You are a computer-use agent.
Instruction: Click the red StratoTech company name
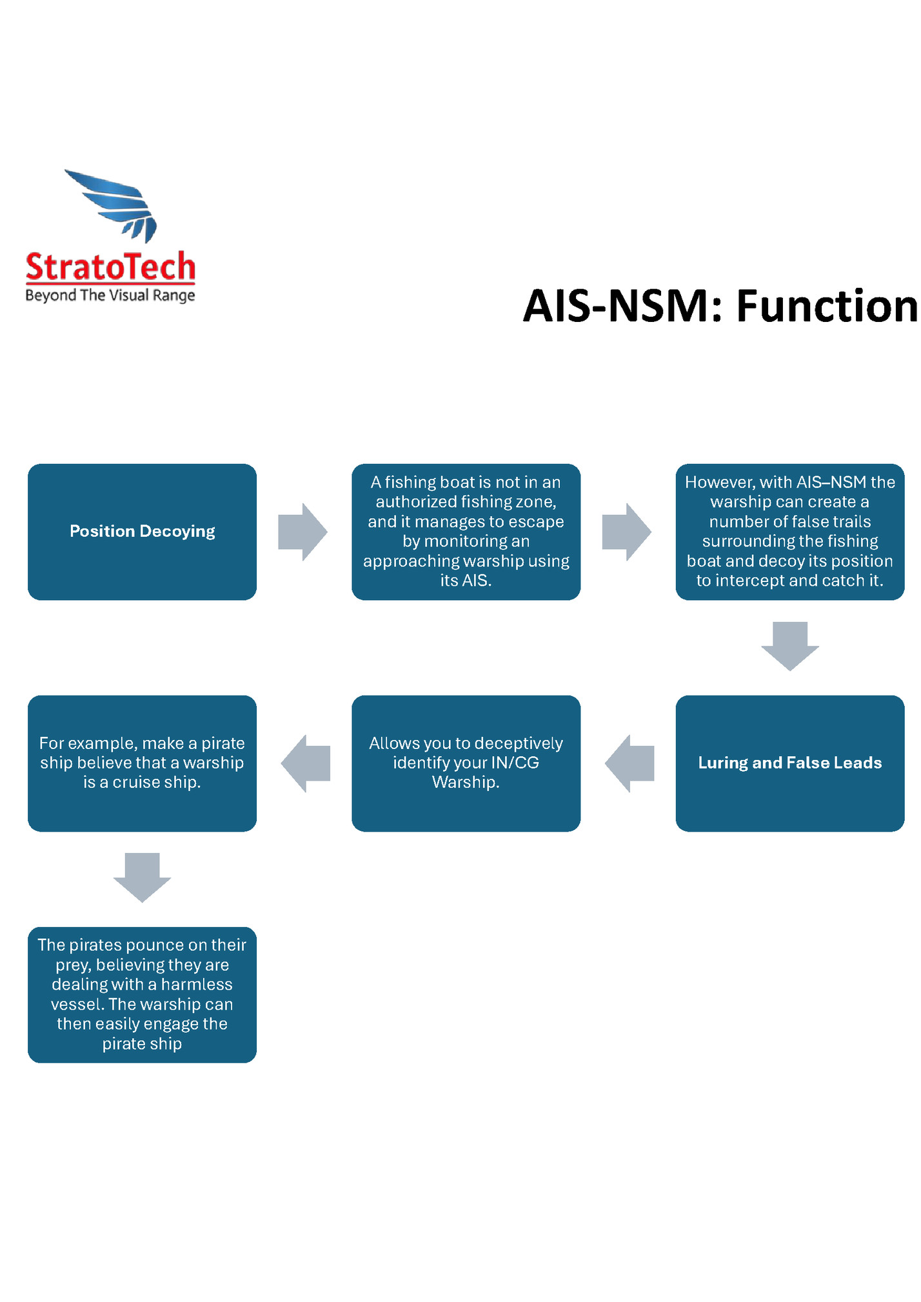[x=110, y=268]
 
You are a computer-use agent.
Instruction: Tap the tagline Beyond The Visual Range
[x=110, y=295]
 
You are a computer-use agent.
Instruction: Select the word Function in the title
[x=827, y=306]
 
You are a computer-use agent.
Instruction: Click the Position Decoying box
[x=142, y=532]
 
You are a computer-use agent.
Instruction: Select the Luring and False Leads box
[x=789, y=763]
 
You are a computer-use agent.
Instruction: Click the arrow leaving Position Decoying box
[x=302, y=532]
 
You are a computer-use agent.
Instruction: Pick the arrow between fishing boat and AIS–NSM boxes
[x=626, y=532]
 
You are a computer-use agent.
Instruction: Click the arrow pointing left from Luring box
[x=629, y=763]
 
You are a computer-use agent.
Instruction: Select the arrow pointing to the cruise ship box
[x=305, y=763]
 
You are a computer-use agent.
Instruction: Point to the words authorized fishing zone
[x=466, y=502]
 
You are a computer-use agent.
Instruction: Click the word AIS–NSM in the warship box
[x=832, y=483]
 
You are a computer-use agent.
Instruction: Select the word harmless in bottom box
[x=196, y=985]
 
